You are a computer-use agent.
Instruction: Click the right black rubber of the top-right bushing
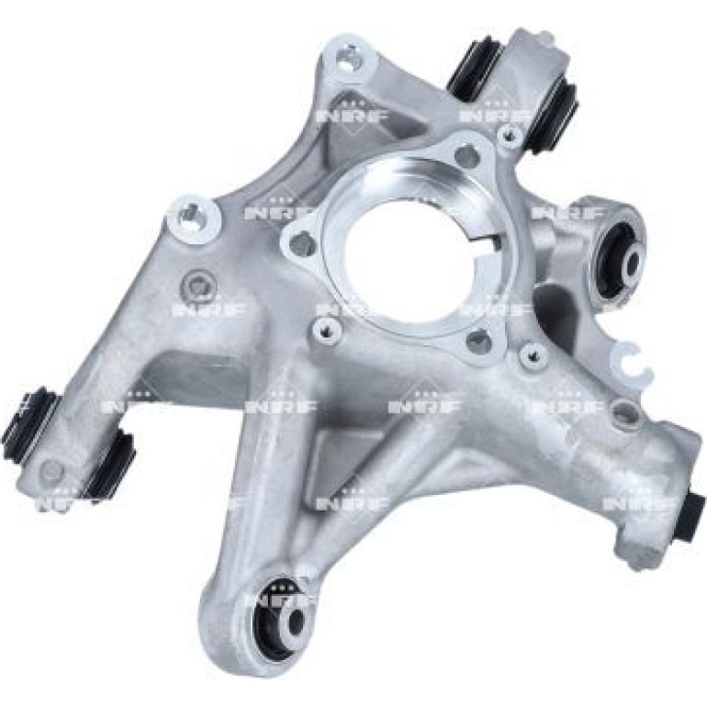pyautogui.click(x=554, y=116)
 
